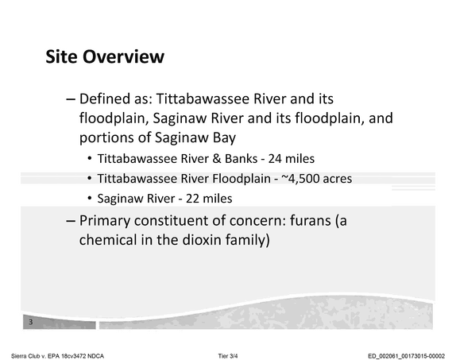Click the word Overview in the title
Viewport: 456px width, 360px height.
(124, 56)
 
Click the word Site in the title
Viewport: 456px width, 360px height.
(62, 56)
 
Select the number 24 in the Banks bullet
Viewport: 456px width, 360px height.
(275, 159)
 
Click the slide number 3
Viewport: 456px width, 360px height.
(30, 322)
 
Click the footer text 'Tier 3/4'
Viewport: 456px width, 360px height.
(228, 356)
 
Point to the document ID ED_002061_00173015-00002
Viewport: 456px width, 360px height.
(406, 356)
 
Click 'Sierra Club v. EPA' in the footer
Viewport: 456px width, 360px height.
(36, 356)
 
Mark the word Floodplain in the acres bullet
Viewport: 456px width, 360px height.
(242, 179)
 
